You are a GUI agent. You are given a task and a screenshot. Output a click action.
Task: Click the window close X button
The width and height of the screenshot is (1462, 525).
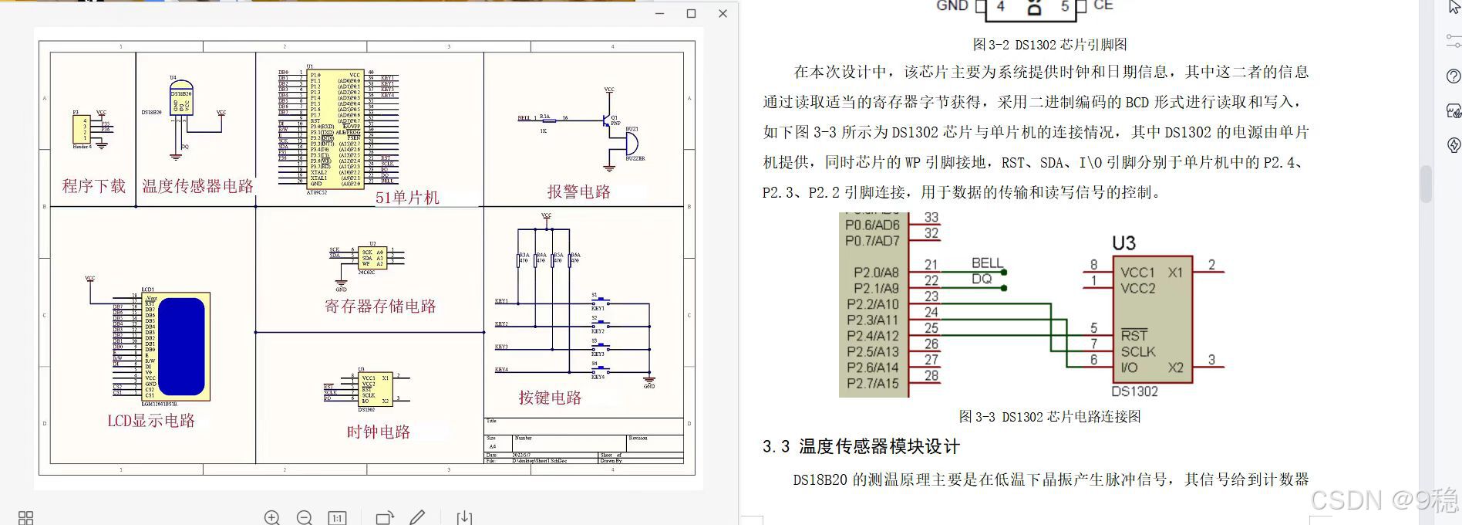[723, 13]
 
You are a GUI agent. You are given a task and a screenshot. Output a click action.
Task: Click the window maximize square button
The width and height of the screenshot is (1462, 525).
[691, 13]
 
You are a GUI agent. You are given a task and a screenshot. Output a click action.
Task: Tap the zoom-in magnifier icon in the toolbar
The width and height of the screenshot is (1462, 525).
[272, 517]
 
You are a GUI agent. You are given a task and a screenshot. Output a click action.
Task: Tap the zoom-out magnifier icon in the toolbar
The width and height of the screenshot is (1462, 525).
[305, 517]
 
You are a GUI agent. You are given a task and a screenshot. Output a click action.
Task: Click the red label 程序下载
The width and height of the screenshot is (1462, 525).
[93, 186]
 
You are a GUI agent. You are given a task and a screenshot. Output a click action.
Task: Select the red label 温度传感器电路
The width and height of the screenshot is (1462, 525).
[197, 186]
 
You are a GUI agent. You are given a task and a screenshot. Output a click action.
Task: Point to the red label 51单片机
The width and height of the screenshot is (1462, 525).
[407, 198]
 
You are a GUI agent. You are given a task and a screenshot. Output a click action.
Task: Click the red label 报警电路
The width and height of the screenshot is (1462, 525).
[578, 191]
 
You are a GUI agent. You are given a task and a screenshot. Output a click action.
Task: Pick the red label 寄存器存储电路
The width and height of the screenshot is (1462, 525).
[380, 306]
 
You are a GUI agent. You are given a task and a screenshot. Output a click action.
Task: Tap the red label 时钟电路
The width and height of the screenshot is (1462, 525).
[378, 432]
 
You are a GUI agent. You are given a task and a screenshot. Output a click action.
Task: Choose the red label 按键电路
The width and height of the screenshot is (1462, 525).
[550, 398]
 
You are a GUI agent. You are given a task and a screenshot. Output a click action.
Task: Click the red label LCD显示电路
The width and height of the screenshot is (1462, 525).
[151, 421]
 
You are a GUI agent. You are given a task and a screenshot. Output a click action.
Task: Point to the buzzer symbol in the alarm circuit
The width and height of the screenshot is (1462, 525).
[631, 144]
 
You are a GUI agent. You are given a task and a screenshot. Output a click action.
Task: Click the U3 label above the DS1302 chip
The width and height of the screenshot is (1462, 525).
[1123, 244]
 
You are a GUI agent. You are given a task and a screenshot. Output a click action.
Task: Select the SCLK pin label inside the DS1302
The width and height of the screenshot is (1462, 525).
[1137, 351]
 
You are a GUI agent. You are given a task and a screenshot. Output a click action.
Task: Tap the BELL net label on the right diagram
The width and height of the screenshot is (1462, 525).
[986, 263]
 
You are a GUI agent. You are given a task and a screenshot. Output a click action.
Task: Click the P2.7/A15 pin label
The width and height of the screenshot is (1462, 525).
[872, 383]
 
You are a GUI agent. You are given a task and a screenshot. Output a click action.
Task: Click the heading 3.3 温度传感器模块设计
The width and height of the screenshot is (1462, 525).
[861, 446]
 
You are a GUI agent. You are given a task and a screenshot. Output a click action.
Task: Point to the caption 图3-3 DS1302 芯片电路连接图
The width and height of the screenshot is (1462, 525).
[1049, 417]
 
